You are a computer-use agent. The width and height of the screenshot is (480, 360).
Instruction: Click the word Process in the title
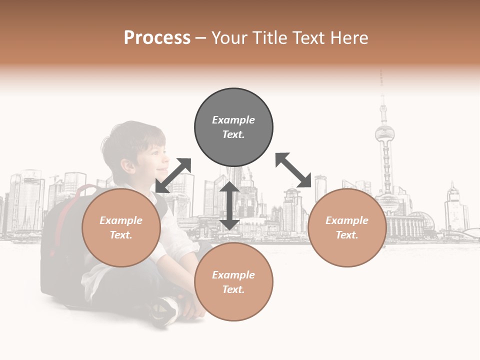pyautogui.click(x=157, y=38)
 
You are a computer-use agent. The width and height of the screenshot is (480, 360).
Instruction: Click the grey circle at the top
pyautogui.click(x=233, y=127)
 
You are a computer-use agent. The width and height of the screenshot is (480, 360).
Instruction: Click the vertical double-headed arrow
pyautogui.click(x=229, y=205)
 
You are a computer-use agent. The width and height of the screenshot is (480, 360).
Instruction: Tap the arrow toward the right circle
pyautogui.click(x=294, y=170)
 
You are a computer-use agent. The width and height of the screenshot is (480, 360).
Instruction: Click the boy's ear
pyautogui.click(x=127, y=164)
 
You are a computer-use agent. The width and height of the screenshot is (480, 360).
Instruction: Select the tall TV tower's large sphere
pyautogui.click(x=385, y=133)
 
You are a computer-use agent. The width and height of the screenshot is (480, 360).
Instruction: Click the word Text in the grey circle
pyautogui.click(x=233, y=134)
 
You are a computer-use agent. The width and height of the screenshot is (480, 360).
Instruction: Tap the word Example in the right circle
pyautogui.click(x=347, y=220)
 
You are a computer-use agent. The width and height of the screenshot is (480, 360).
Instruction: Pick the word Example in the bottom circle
pyautogui.click(x=233, y=274)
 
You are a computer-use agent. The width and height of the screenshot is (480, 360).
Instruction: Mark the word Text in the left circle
pyautogui.click(x=121, y=235)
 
